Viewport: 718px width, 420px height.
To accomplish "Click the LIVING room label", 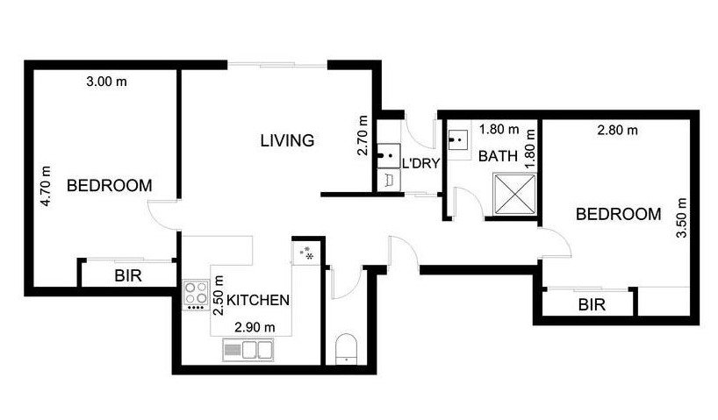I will (287, 139).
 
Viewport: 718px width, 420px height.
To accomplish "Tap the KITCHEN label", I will (258, 300).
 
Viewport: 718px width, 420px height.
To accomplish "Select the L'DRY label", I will (420, 163).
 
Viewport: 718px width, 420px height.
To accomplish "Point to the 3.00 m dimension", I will (106, 82).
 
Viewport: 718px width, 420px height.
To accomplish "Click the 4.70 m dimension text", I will (47, 187).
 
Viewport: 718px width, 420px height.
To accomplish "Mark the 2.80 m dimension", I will (616, 131).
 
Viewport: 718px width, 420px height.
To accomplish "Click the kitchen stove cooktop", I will (194, 294).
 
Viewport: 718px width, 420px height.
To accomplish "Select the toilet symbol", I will (347, 348).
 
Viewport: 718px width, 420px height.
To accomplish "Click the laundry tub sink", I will (386, 156).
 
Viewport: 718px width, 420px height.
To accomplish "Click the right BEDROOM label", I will (618, 214).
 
